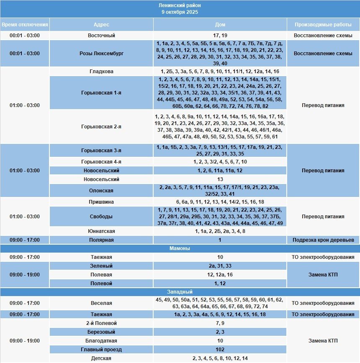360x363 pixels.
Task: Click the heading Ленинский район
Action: tap(180, 5)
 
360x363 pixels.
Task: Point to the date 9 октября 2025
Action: tap(180, 12)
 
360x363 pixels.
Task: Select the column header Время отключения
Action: tap(25, 24)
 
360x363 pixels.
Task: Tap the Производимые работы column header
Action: tap(323, 24)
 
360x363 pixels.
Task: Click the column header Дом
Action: tap(220, 24)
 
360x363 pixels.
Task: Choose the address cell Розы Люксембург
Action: tap(101, 54)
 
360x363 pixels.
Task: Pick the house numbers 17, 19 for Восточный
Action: tap(220, 36)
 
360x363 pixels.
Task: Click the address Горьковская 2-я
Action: tap(101, 126)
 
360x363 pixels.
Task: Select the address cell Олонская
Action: tap(101, 191)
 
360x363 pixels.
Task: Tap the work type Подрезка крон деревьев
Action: tap(323, 240)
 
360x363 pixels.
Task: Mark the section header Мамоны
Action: tap(180, 248)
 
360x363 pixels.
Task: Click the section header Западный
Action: tap(180, 292)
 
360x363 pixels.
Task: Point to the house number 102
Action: tap(220, 350)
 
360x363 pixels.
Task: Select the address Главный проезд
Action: tap(101, 350)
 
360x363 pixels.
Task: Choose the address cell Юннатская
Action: tap(101, 231)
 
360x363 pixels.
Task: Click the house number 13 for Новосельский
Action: tap(220, 179)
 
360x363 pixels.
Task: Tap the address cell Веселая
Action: tap(101, 303)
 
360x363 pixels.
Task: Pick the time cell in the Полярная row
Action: tap(25, 240)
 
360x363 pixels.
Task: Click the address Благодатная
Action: tap(101, 341)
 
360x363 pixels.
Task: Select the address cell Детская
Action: tap(101, 358)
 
